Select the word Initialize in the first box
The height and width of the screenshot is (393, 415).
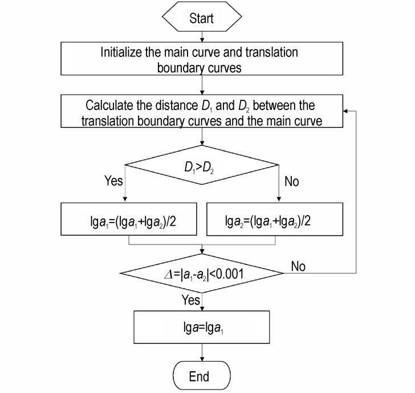pyautogui.click(x=121, y=52)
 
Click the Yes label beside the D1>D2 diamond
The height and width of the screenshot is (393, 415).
pyautogui.click(x=113, y=181)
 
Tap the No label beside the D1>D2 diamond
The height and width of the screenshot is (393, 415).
pyautogui.click(x=292, y=181)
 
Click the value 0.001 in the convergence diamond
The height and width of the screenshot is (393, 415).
pyautogui.click(x=229, y=274)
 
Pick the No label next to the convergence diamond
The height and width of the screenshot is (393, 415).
pyautogui.click(x=298, y=266)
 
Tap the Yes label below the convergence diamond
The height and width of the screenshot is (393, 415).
pyautogui.click(x=190, y=300)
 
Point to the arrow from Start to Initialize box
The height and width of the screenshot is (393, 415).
pyautogui.click(x=202, y=37)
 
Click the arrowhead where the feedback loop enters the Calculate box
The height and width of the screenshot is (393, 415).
pyautogui.click(x=345, y=111)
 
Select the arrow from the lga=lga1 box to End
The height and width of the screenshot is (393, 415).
pyautogui.click(x=202, y=353)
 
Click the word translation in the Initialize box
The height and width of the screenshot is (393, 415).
pyautogui.click(x=271, y=52)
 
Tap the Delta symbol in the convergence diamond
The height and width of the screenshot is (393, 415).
pyautogui.click(x=168, y=274)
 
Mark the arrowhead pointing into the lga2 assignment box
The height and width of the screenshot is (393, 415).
pyautogui.click(x=279, y=199)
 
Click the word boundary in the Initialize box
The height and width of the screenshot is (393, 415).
pyautogui.click(x=177, y=68)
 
